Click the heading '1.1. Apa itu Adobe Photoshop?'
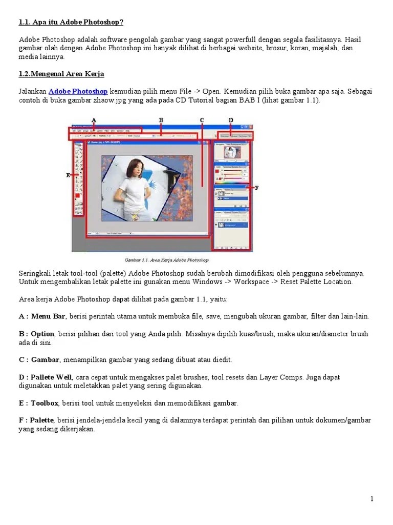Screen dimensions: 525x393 pos(71,22)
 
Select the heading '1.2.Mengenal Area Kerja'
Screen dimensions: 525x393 pos(61,74)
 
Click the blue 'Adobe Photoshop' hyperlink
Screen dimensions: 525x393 pos(78,91)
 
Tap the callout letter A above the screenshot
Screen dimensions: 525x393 pos(94,120)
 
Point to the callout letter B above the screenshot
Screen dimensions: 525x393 pos(161,120)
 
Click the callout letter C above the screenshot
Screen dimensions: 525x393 pos(202,120)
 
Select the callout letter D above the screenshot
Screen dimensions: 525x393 pos(231,120)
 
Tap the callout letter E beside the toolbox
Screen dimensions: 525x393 pos(68,175)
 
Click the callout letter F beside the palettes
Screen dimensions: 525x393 pos(256,188)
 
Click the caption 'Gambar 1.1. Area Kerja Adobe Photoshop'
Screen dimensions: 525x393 pos(167,260)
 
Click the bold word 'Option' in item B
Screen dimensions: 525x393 pos(42,334)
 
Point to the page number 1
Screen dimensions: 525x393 pos(373,499)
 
